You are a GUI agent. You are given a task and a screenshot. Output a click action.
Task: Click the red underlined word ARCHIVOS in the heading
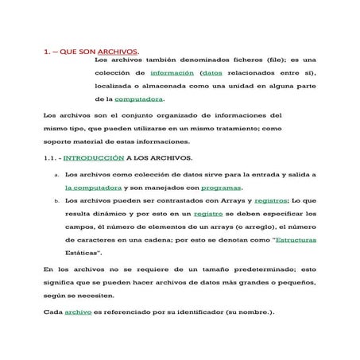point(117,53)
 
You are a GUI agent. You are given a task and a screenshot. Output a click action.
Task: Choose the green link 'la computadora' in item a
point(93,188)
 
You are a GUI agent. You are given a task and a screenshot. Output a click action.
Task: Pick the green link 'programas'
point(221,188)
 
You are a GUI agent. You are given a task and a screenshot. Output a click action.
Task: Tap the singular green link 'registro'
point(208,214)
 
